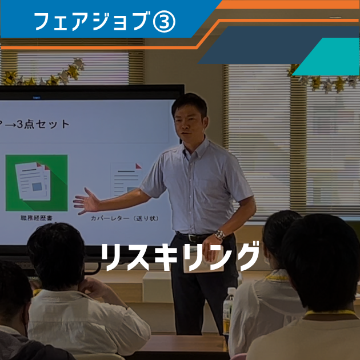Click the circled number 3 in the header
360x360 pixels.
point(164,21)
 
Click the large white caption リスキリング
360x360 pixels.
point(180,257)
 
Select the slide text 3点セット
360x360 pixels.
point(43,124)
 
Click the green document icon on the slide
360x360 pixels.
point(37,183)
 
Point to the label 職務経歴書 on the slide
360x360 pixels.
point(37,218)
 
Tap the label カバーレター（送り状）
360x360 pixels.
point(125,218)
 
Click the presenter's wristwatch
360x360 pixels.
point(220,235)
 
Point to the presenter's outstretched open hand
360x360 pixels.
point(86,201)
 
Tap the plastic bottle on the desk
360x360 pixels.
point(229,310)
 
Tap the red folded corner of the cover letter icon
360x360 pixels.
point(138,166)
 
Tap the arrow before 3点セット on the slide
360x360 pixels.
point(10,125)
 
